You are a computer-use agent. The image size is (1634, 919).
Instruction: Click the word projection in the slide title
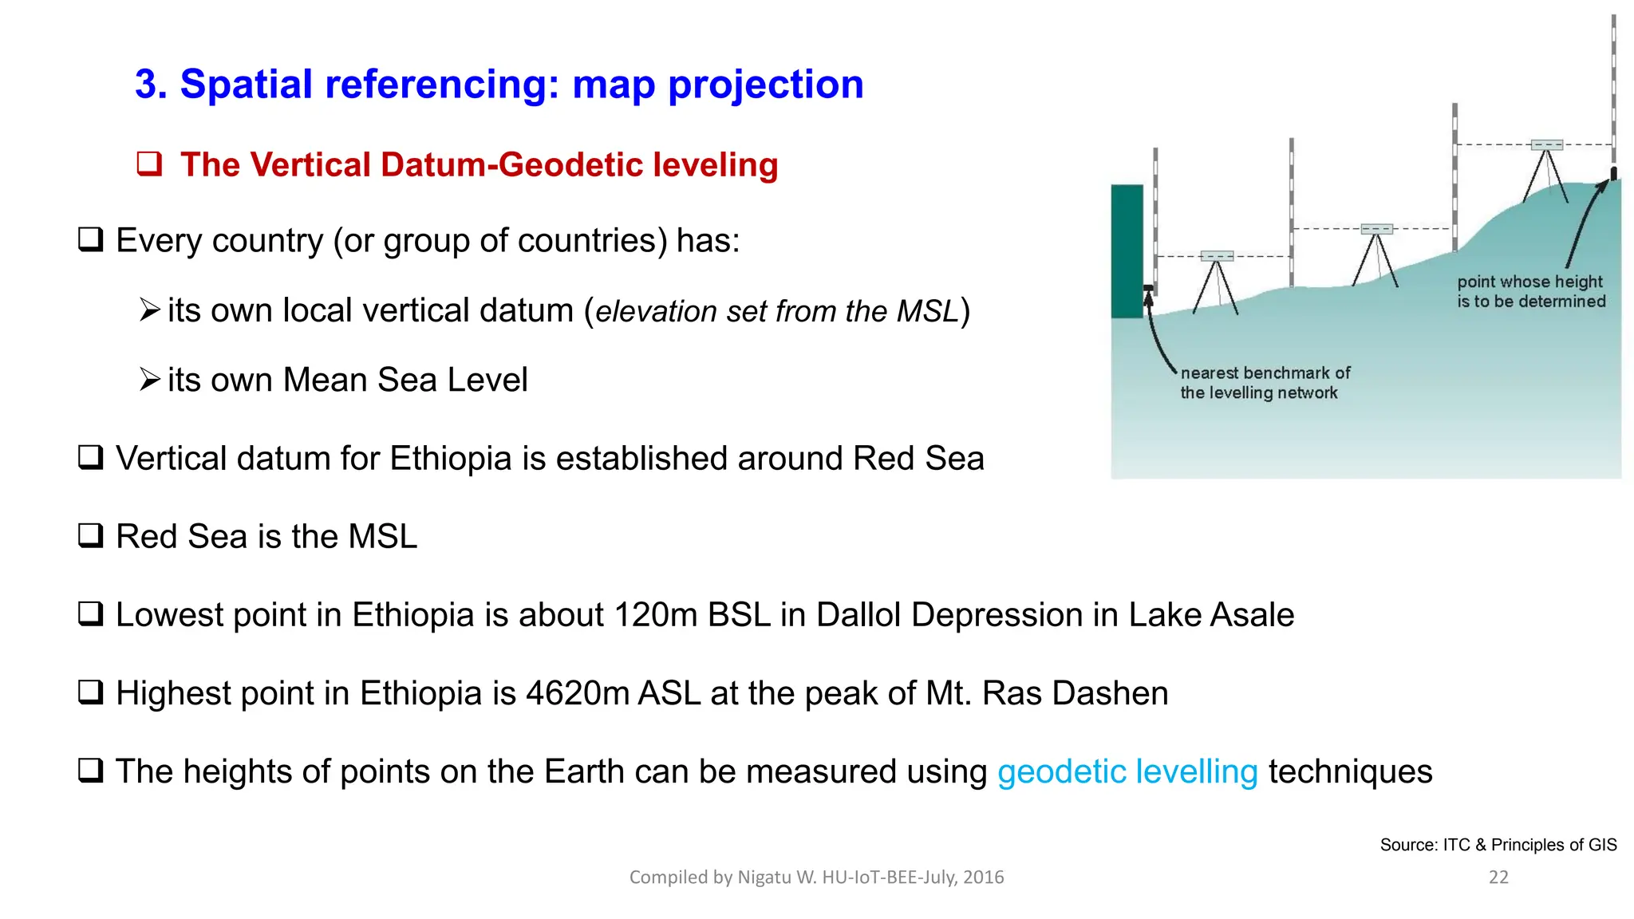point(765,85)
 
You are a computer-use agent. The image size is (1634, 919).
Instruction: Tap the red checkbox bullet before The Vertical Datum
point(149,164)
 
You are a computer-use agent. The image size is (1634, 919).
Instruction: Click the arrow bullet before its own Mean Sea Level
point(149,379)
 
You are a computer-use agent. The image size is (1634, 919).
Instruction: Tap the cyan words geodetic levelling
point(1127,771)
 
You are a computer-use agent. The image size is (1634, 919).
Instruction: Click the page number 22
point(1498,878)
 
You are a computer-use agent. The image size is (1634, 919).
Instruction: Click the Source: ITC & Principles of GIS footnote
point(1498,845)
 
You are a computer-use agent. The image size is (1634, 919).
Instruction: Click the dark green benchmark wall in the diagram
point(1127,251)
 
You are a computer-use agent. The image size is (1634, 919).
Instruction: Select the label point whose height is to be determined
point(1530,291)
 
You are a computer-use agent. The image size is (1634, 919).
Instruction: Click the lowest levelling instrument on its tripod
point(1217,257)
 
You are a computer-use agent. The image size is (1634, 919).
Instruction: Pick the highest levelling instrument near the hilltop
point(1546,145)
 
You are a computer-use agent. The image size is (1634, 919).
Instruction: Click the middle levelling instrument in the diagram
point(1376,230)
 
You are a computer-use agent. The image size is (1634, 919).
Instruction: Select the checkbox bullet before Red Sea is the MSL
point(90,535)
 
